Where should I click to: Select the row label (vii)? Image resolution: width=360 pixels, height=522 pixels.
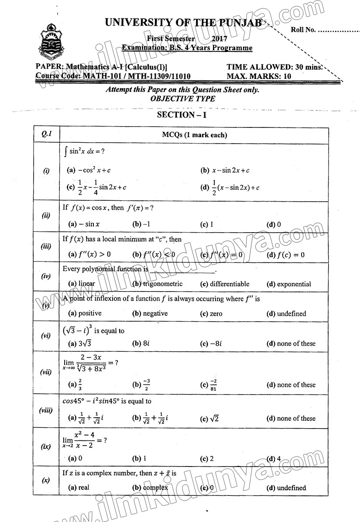[46, 372]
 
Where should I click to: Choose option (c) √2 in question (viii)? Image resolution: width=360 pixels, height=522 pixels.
[209, 419]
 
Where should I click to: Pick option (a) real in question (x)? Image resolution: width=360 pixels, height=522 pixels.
[79, 488]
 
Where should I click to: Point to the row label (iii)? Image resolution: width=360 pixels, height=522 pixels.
[46, 247]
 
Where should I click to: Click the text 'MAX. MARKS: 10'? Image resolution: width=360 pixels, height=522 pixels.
[259, 76]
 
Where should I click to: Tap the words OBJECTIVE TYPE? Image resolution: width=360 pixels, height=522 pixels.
[182, 99]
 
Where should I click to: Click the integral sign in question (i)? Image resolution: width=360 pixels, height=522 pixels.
[65, 152]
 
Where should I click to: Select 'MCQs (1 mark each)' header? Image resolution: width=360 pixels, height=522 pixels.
[194, 135]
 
